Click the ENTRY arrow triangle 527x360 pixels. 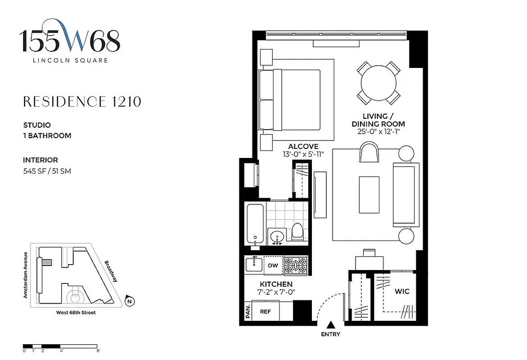coord(331,324)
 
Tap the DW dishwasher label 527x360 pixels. coord(273,265)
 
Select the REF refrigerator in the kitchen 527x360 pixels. coord(265,311)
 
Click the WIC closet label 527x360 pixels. coord(402,291)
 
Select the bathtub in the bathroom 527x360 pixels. coord(255,223)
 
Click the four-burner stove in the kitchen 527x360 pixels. coord(295,265)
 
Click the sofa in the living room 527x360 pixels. coord(403,193)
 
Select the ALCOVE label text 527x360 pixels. coord(303,147)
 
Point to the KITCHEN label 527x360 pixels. coord(276,284)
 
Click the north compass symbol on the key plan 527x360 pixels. coord(129,301)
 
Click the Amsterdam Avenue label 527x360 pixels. coord(26,274)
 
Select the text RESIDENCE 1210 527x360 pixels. coord(82,102)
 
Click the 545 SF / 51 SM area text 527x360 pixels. coord(47,171)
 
